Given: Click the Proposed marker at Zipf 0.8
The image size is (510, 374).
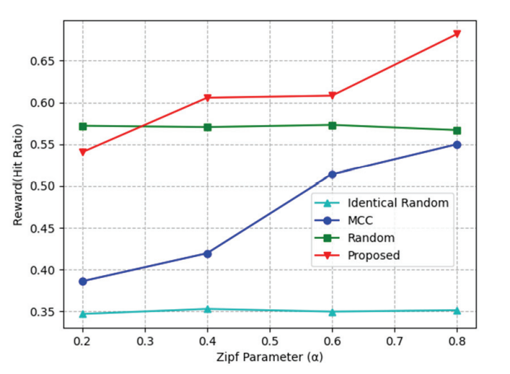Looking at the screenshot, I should point(457,34).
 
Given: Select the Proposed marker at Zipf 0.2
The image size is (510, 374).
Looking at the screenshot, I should point(83,152).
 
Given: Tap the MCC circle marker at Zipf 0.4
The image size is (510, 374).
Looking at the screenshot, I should point(208,253).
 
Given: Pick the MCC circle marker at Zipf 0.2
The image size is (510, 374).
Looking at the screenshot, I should point(83,281).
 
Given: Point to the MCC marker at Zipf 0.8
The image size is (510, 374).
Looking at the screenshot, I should point(457,144).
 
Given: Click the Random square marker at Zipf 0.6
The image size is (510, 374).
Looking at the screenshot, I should point(333,125).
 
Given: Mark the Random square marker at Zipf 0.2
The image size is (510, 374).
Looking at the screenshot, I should point(83,126).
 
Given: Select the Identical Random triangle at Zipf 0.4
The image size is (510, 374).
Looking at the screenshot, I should point(208,309).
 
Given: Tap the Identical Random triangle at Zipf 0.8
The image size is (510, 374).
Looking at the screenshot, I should point(457,310).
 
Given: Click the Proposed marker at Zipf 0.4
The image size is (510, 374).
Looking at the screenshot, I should point(208,97).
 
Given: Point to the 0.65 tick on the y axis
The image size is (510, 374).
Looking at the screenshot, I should point(42,61).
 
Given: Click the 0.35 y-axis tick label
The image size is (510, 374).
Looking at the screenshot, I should point(42,313).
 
